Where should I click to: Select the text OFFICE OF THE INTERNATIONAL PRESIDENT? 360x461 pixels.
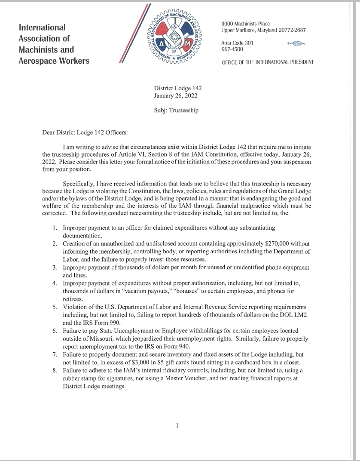pos(268,62)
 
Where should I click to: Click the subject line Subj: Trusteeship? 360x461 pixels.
pos(176,110)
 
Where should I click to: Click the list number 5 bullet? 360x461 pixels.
pos(55,307)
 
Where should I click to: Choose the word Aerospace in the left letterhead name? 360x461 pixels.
pos(37,61)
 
